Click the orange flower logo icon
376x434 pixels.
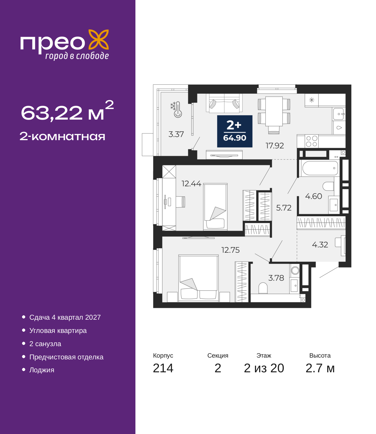(x=98, y=39)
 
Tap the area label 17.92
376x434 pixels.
(x=275, y=146)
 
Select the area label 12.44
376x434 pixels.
(x=191, y=184)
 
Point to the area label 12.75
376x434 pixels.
(x=230, y=250)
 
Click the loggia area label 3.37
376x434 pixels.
(x=176, y=134)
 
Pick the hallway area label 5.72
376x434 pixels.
(x=284, y=208)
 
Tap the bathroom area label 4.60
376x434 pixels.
(x=313, y=196)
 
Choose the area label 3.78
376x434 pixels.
(x=276, y=278)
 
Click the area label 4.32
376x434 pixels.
(x=320, y=245)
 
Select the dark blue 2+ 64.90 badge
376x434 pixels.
(x=235, y=131)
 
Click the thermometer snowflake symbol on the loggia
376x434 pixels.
(x=176, y=109)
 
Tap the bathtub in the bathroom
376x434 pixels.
(x=320, y=168)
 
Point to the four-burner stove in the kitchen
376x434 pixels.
(x=312, y=141)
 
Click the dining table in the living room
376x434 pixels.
(x=274, y=111)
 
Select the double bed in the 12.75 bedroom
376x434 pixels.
(x=198, y=278)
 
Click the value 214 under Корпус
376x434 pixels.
(x=163, y=368)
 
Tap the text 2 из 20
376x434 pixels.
(x=264, y=368)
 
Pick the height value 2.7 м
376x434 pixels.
(x=320, y=368)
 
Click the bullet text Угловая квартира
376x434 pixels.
(x=58, y=331)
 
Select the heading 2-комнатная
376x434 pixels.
(x=62, y=136)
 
